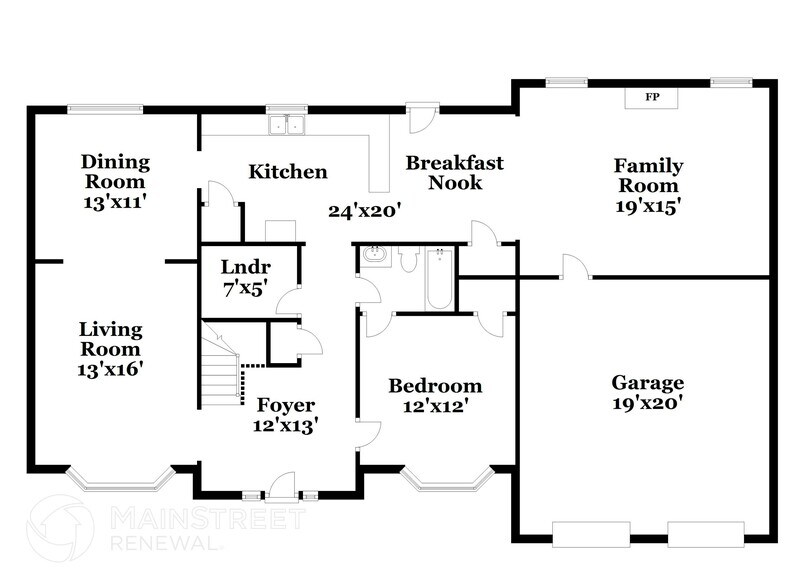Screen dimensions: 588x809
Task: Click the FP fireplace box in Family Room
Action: [x=652, y=97]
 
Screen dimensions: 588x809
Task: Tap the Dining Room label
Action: [x=115, y=171]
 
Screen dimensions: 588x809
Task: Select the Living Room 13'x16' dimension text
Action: [x=111, y=368]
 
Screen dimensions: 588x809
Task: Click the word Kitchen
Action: [x=288, y=172]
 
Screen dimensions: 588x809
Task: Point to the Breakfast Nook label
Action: [x=454, y=172]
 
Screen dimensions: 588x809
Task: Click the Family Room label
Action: [x=648, y=175]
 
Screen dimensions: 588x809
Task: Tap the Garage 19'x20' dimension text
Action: [x=648, y=403]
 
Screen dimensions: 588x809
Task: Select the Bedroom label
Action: [x=435, y=386]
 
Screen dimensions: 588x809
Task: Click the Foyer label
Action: [x=286, y=405]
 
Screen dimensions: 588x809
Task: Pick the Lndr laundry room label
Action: [x=245, y=266]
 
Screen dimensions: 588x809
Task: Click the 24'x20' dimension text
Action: [x=364, y=210]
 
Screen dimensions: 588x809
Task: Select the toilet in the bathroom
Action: [x=408, y=259]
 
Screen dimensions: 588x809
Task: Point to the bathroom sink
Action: [x=375, y=256]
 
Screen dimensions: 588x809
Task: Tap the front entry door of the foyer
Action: [x=281, y=487]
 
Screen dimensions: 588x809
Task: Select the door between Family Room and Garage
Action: [x=575, y=268]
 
